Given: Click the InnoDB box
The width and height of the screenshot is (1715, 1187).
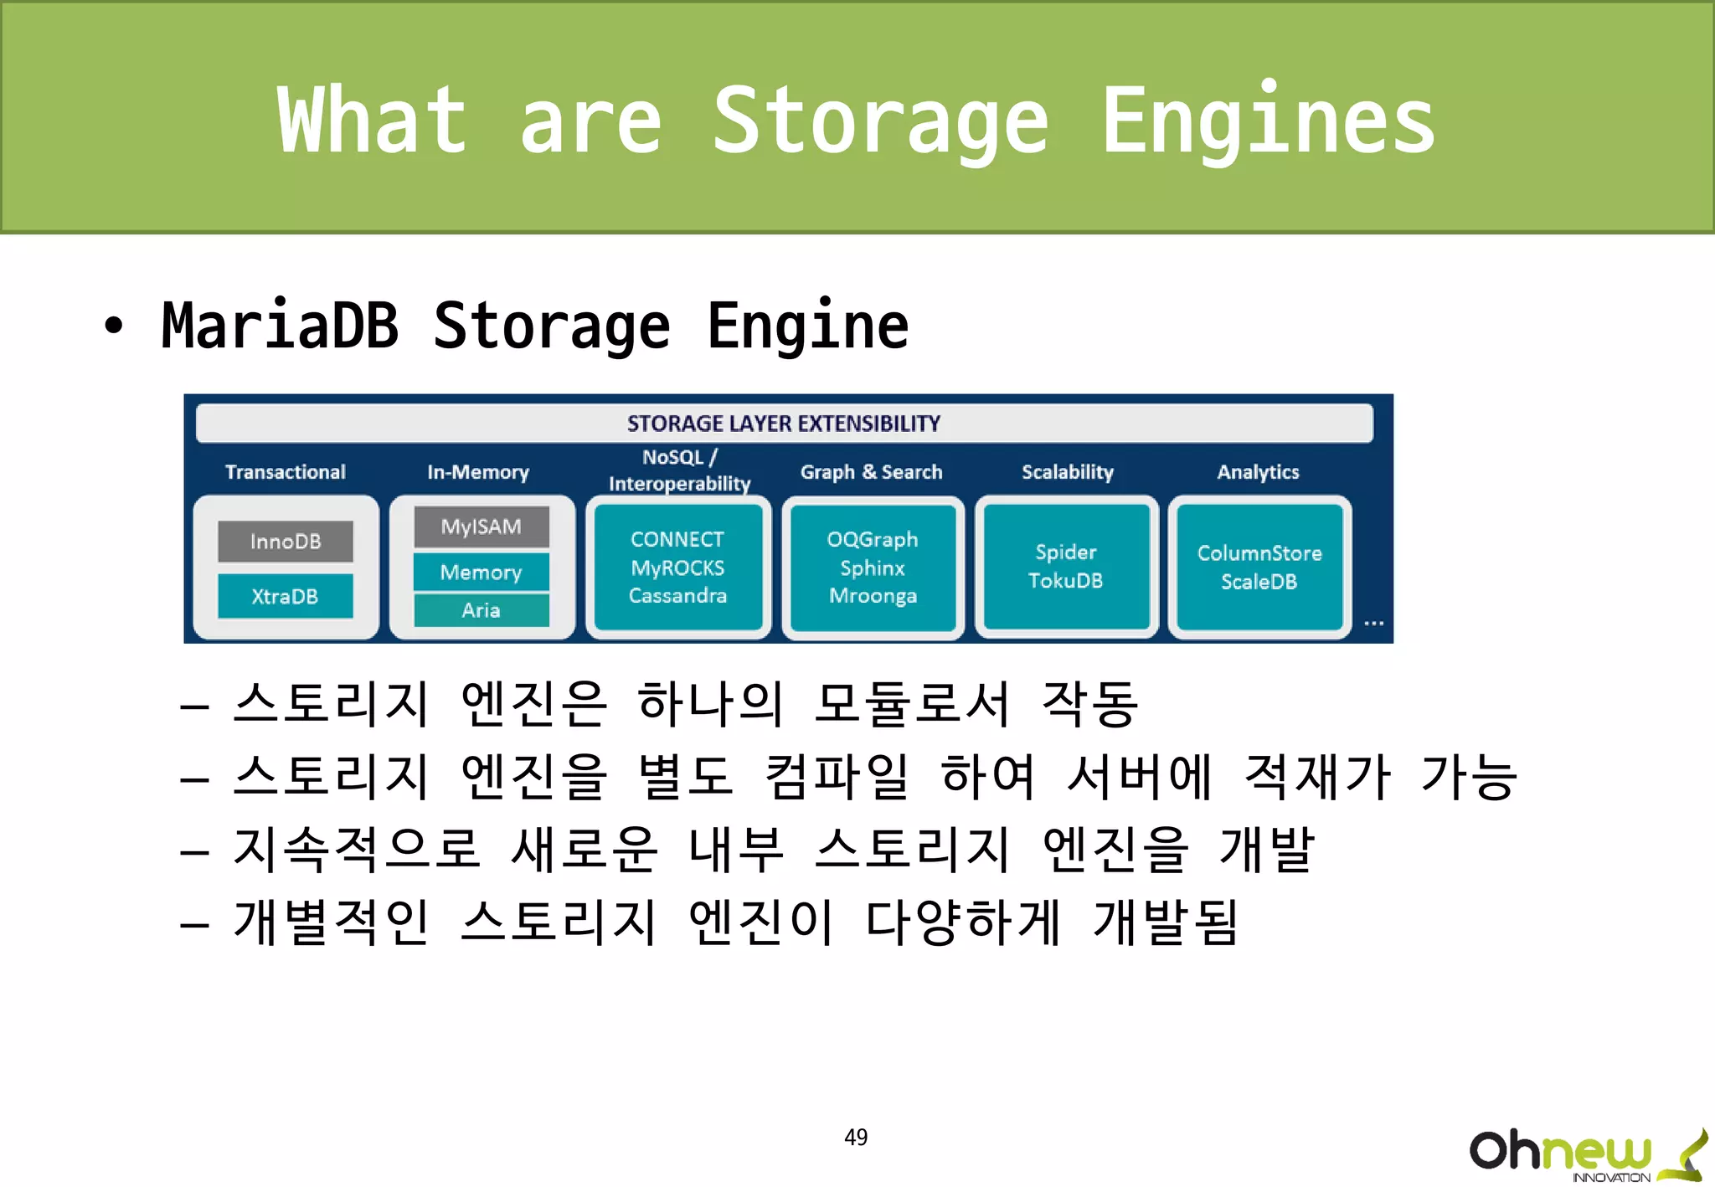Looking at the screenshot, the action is [286, 542].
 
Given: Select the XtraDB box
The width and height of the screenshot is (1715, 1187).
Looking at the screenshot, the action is [286, 596].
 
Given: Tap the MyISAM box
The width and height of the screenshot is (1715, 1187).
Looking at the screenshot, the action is [482, 527].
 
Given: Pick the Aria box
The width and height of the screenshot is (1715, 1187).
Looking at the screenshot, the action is [482, 610].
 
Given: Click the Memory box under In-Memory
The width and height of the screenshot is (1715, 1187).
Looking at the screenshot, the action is [482, 573].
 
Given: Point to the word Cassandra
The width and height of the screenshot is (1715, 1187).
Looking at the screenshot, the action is [677, 596].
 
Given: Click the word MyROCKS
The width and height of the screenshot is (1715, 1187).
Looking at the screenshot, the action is [677, 568].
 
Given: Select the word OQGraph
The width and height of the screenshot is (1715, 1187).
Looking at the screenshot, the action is [873, 540].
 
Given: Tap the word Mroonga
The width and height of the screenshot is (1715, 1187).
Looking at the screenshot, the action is [873, 596].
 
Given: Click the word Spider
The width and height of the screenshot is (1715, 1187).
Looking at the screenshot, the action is [1066, 552].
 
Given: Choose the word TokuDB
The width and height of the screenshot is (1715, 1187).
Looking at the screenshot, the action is [1066, 581].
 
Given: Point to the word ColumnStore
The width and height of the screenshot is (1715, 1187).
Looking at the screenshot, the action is [1259, 553].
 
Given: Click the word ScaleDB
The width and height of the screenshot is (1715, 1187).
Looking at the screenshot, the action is [1259, 582].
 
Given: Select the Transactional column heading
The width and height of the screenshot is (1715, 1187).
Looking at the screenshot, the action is [286, 472].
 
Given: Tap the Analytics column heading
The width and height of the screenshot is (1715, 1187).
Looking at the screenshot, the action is [1259, 472].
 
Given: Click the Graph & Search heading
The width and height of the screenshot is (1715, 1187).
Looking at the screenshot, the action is [872, 472].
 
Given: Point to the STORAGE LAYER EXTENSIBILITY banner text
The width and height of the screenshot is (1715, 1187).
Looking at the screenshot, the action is [784, 424].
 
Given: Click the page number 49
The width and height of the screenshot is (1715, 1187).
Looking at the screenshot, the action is [856, 1137].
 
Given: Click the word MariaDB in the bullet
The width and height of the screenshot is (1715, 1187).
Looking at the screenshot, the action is [280, 326].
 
